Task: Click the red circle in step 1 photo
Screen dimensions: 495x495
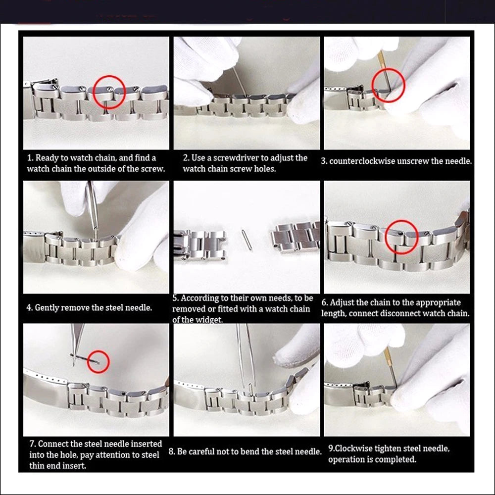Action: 108,92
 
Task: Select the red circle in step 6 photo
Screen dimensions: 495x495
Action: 401,237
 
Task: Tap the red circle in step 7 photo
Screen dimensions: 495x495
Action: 98,361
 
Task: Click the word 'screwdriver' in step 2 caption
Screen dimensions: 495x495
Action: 239,158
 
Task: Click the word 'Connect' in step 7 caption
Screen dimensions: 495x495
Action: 53,444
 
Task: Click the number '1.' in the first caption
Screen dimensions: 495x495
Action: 30,158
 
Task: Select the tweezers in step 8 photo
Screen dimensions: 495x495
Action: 246,356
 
